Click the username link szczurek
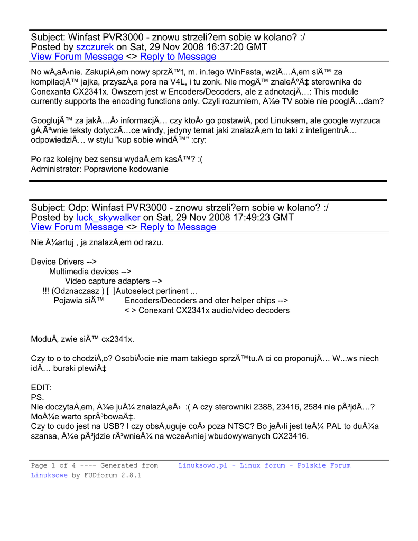[x=95, y=46]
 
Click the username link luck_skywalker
[x=108, y=217]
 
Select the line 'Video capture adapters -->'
[x=114, y=281]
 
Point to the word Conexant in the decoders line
[x=157, y=310]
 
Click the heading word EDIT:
[x=41, y=387]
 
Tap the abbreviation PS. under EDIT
[x=38, y=397]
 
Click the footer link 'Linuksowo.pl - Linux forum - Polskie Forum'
[x=264, y=465]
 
